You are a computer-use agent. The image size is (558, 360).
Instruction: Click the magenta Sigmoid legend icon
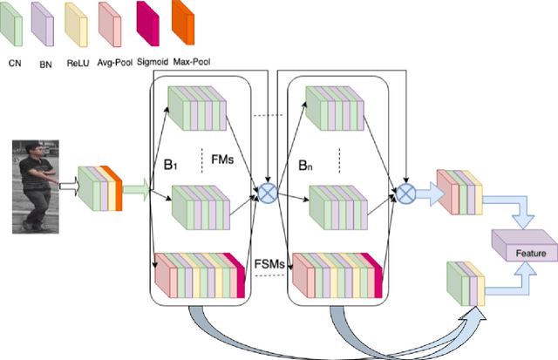point(148,25)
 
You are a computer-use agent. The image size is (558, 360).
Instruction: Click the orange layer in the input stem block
point(119,187)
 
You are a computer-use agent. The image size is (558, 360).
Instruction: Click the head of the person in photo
point(33,152)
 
